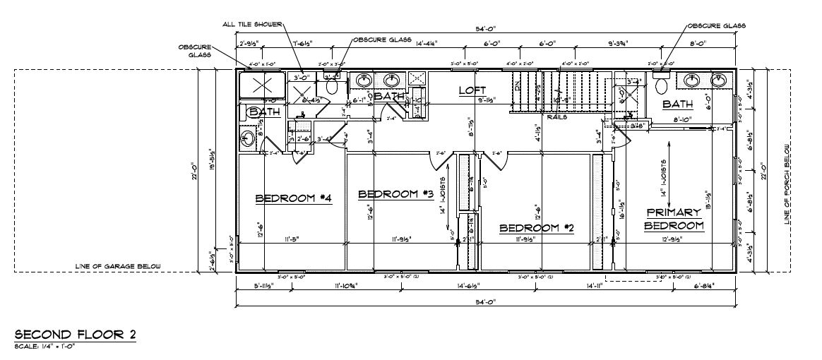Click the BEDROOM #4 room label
(293, 198)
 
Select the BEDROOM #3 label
(395, 194)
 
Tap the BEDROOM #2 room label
(536, 228)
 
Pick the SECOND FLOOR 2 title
(75, 335)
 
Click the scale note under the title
(44, 346)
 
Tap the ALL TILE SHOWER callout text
(252, 24)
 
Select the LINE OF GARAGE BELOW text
(118, 267)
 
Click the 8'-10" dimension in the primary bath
(683, 119)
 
